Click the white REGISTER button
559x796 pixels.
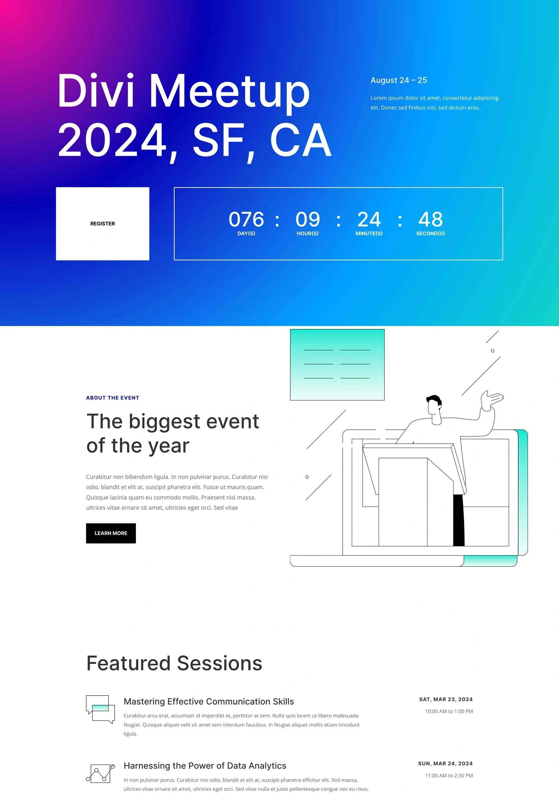coord(102,224)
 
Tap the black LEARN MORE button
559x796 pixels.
coord(111,533)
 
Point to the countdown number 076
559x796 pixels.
coord(246,219)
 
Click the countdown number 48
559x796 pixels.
coord(430,219)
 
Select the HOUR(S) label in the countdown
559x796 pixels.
coord(307,233)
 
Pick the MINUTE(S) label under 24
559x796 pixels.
coord(369,233)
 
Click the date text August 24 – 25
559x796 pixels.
coord(399,80)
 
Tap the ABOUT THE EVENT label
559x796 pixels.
coord(112,398)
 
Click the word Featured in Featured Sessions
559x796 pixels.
coord(129,663)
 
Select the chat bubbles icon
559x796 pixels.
coord(100,709)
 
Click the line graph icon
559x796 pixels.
coord(100,773)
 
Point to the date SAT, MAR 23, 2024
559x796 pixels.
coord(446,699)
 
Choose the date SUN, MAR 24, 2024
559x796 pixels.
coord(445,763)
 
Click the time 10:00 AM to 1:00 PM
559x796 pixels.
coord(449,711)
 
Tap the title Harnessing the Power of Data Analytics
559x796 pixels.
coord(205,766)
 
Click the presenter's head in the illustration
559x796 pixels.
coord(434,405)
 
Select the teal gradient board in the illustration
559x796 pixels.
coord(337,365)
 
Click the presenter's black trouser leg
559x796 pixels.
coord(459,520)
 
